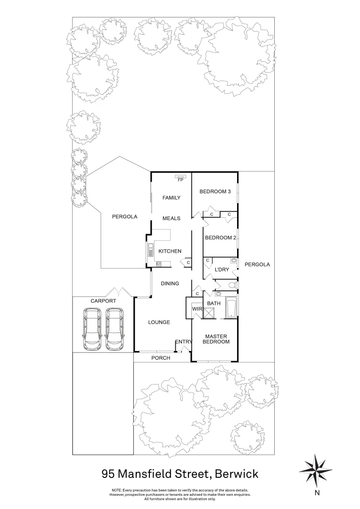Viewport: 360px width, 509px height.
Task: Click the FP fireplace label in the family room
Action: [180, 180]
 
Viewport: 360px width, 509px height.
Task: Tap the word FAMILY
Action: [172, 198]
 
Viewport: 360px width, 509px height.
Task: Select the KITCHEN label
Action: [170, 251]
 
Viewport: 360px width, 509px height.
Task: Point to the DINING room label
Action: [170, 284]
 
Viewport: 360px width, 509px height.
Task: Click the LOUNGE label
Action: [159, 322]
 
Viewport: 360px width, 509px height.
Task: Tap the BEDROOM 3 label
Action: [215, 191]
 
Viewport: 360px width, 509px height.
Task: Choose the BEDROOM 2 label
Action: [220, 238]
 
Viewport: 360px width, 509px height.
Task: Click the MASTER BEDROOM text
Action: [216, 339]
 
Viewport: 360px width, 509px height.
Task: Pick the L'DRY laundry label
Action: [221, 270]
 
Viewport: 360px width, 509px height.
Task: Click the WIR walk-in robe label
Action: [196, 309]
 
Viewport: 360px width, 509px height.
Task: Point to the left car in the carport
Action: [92, 329]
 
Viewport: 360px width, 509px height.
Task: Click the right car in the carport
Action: [115, 329]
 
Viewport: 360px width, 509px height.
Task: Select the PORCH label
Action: [161, 358]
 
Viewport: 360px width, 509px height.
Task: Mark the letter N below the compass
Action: [317, 493]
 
